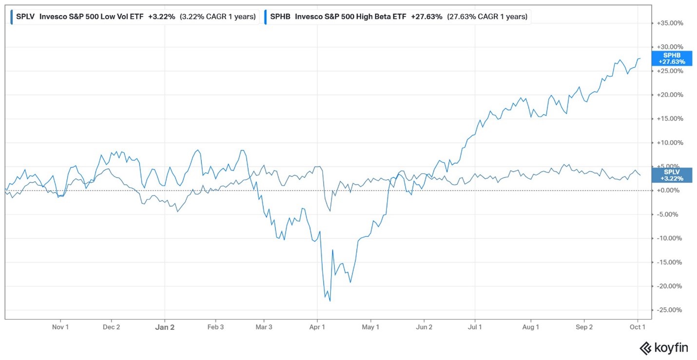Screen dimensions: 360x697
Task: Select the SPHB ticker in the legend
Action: (280, 17)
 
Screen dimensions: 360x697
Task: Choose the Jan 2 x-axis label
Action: (165, 327)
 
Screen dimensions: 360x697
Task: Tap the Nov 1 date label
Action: (60, 327)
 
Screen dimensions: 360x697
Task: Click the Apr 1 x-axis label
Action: (317, 327)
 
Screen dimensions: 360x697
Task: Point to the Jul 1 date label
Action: (475, 327)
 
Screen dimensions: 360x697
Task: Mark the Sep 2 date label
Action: (584, 327)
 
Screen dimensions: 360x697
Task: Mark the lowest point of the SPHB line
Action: (330, 301)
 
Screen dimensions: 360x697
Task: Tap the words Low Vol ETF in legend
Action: (122, 17)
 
